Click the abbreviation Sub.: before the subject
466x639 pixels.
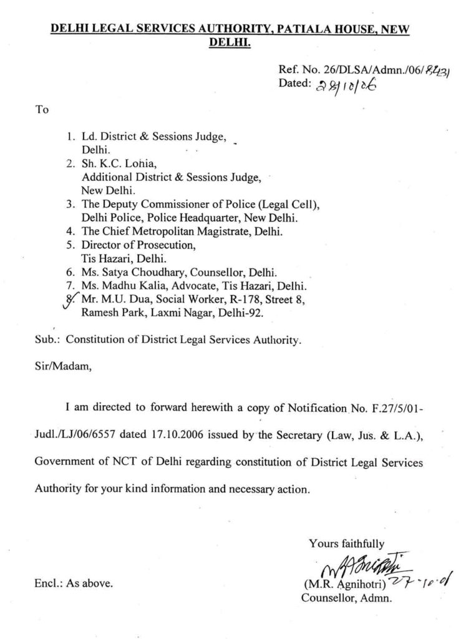(47, 340)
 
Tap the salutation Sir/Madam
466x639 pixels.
(63, 367)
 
